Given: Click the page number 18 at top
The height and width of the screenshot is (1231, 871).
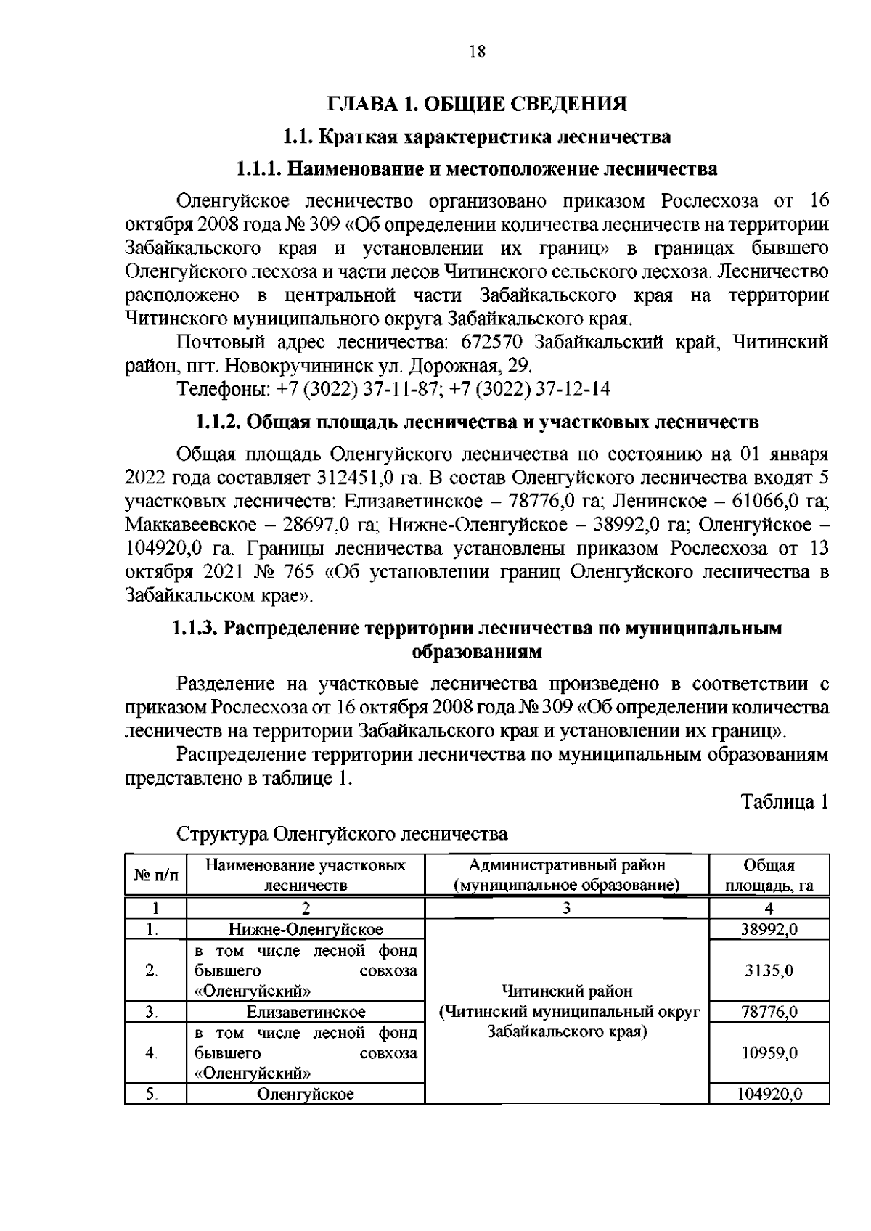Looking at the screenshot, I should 476,52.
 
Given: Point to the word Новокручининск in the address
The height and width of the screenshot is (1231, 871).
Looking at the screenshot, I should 291,365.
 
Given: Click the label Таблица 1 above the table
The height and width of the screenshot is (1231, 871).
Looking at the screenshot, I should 784,802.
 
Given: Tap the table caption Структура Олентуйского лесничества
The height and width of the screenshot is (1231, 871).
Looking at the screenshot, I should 342,833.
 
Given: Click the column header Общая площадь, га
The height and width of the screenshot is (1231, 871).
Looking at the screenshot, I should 769,875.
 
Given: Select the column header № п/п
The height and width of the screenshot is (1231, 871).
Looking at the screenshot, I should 155,875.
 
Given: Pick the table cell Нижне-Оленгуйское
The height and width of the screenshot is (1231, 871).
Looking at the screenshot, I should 306,929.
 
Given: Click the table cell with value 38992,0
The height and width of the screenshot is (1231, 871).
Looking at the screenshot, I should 769,929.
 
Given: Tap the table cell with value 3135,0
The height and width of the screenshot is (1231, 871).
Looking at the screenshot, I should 769,970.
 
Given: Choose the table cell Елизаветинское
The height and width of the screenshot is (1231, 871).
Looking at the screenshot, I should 306,1012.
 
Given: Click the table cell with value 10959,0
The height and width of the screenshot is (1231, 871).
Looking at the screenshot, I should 769,1052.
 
